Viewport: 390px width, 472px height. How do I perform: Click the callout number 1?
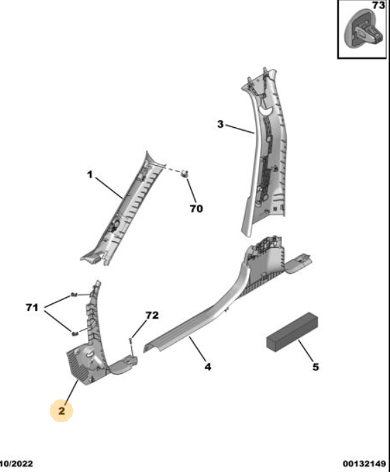[x=90, y=175]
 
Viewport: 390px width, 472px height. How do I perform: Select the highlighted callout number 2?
[x=62, y=410]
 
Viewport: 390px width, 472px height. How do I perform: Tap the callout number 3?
[x=221, y=124]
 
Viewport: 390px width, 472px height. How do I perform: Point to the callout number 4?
[x=208, y=367]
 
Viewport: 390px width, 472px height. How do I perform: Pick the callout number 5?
[x=315, y=367]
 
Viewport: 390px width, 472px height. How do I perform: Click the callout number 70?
[x=196, y=208]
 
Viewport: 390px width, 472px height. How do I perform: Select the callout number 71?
[x=32, y=308]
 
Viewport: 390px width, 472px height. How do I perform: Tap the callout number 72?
[x=152, y=315]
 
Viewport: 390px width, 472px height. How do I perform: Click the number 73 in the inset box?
[x=378, y=6]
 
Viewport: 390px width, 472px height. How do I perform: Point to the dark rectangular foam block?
[x=292, y=332]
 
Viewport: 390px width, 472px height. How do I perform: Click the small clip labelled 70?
[x=185, y=173]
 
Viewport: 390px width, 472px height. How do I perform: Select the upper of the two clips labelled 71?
[x=74, y=294]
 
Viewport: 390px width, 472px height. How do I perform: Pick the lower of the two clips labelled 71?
[x=75, y=333]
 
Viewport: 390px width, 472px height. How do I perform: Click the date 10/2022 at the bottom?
[x=17, y=464]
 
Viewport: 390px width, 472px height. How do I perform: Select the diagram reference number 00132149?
[x=364, y=464]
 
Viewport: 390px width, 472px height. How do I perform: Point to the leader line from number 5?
[x=306, y=351]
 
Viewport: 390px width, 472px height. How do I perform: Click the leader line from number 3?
[x=240, y=129]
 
